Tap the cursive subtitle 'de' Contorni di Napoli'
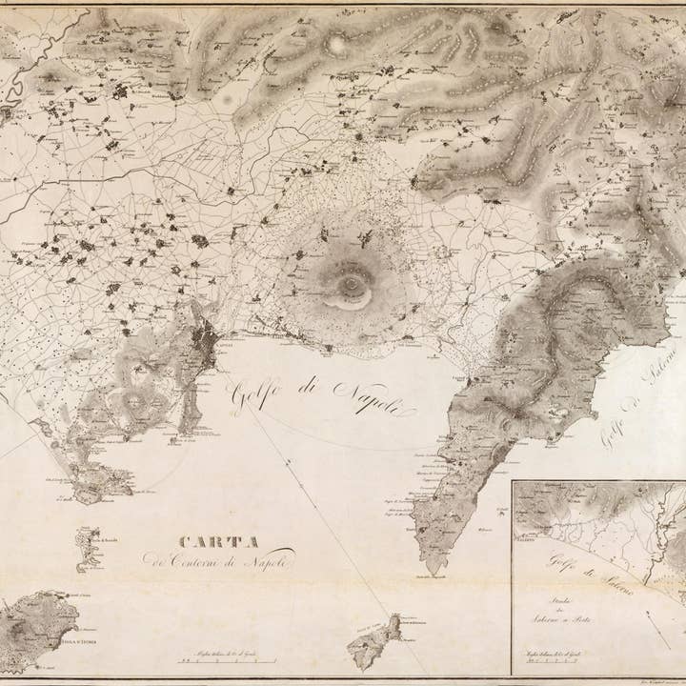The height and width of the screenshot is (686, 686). pos(219,559)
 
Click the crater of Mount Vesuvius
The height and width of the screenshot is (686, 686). pos(352,284)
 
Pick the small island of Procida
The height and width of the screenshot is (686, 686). pos(88,548)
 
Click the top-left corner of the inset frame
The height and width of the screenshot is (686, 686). pos(513,482)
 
